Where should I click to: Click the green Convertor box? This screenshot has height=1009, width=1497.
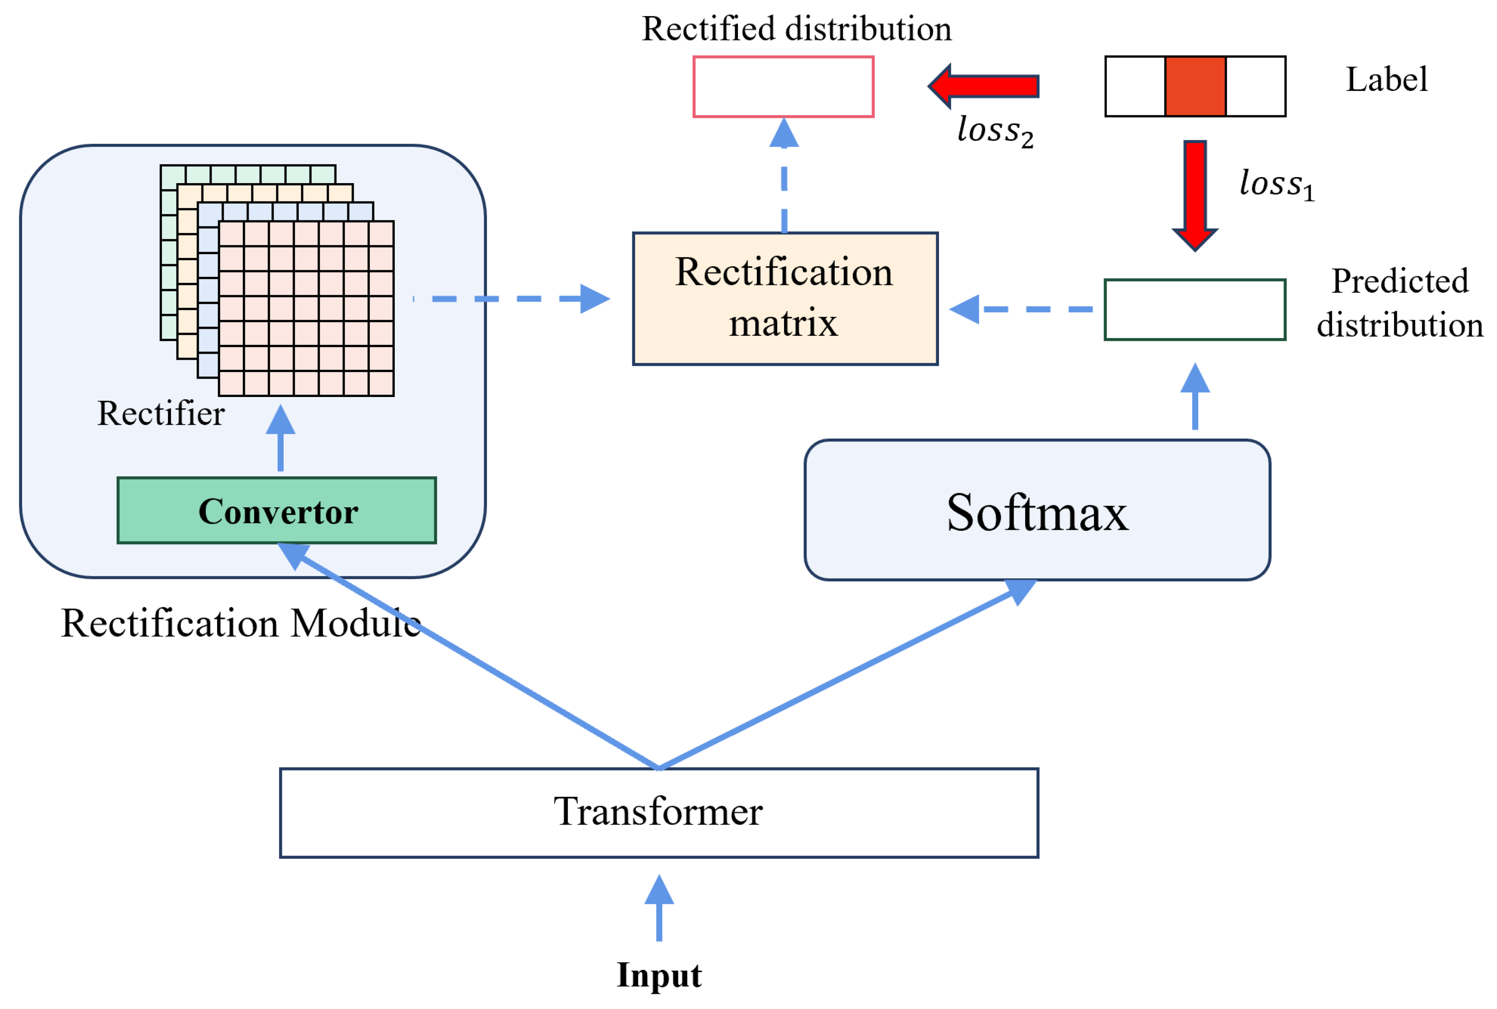coord(277,511)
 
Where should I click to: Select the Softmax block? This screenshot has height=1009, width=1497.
coord(1037,511)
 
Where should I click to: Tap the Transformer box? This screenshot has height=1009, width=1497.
coord(659,813)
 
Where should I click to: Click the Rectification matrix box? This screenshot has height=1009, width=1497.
coord(784,298)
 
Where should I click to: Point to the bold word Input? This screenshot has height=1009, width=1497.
coord(659,974)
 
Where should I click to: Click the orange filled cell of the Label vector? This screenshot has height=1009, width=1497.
coord(1194,86)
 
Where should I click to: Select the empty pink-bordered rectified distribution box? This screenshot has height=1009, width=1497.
coord(783,86)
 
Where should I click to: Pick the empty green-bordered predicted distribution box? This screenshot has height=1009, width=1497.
coord(1194,309)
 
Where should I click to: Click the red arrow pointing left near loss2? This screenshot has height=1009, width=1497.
coord(985,86)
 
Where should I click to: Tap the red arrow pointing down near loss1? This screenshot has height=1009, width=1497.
coord(1194,193)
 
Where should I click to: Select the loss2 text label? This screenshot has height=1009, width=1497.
coord(994,131)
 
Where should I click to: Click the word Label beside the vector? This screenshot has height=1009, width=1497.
coord(1386,80)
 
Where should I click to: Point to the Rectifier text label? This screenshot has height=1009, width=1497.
coord(161,413)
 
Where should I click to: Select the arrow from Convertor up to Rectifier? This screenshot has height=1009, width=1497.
coord(280,439)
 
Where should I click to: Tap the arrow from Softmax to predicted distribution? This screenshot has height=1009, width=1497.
coord(1194,397)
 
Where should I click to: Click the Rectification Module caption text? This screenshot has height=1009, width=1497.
coord(241,623)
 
